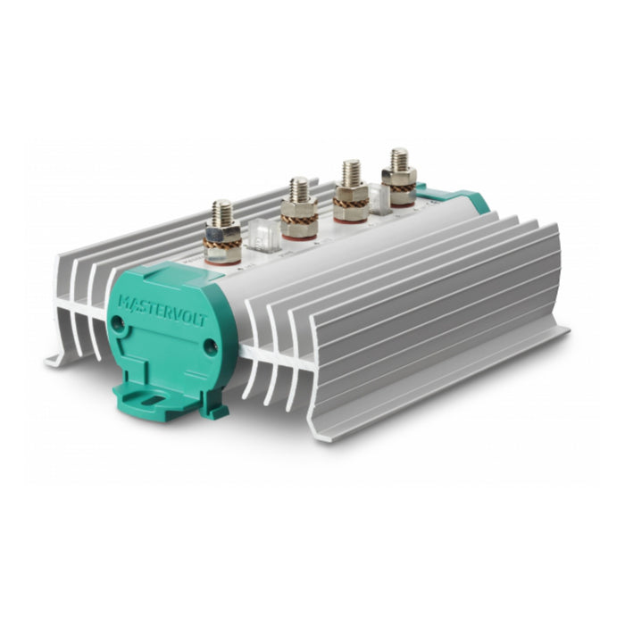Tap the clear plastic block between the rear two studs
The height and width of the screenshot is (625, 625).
click(378, 198)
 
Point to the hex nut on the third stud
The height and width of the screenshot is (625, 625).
click(350, 192)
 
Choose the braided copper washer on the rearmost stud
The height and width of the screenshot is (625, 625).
click(399, 188)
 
